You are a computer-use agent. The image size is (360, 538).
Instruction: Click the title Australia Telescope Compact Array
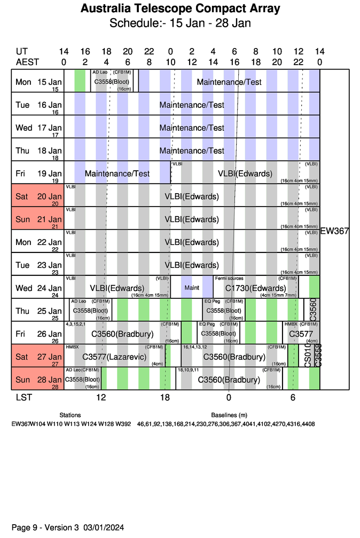point(180,9)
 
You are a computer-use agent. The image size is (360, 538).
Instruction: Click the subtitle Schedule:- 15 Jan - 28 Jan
point(180,23)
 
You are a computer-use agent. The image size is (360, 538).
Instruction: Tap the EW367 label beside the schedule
point(334,231)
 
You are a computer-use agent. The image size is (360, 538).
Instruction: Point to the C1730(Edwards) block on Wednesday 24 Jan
point(255,288)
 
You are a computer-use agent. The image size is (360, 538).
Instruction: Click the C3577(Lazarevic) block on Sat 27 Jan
point(114,357)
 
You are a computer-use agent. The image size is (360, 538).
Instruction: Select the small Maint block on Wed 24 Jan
point(192,288)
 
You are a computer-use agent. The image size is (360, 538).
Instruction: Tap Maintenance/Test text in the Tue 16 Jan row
point(192,105)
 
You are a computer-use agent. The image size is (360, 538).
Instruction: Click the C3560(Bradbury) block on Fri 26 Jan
point(122,334)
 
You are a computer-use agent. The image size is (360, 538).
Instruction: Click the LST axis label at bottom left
point(22,398)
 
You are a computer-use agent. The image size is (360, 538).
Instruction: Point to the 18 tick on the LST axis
point(165,398)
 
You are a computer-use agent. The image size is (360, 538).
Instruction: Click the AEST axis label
point(27,62)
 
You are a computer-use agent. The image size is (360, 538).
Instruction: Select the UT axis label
point(22,52)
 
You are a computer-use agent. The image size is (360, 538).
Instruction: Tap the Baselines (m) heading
point(229,415)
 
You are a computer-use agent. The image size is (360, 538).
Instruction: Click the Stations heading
point(71,415)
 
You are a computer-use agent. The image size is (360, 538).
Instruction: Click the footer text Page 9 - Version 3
point(45,527)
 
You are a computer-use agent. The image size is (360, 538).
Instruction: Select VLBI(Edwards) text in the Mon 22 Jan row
point(192,242)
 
